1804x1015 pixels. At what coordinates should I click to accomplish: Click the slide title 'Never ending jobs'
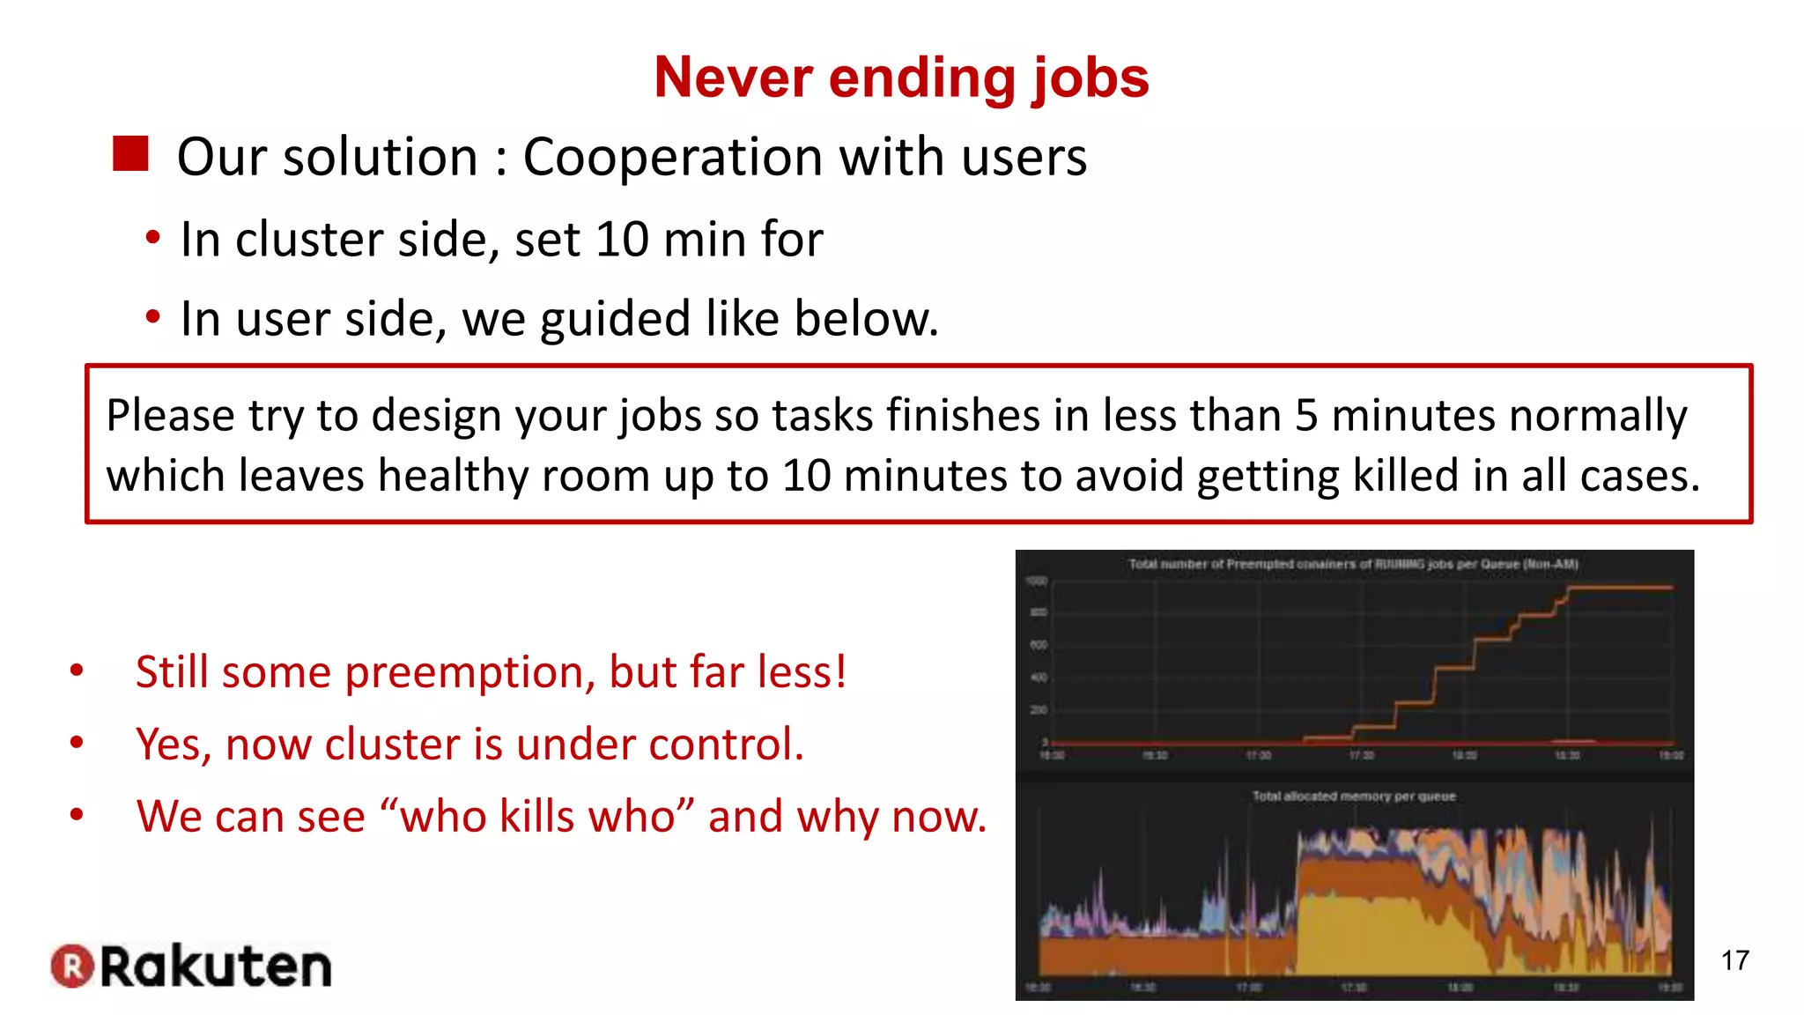click(x=901, y=78)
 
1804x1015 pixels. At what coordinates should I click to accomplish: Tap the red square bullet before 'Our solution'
click(x=130, y=154)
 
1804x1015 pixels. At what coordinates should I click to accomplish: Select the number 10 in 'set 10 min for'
click(x=622, y=240)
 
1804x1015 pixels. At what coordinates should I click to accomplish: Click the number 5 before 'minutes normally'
click(x=1306, y=416)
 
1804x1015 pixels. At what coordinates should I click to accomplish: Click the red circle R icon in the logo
click(x=72, y=966)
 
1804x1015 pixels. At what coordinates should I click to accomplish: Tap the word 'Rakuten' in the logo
click(x=217, y=967)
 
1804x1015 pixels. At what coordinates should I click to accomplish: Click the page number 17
click(x=1734, y=960)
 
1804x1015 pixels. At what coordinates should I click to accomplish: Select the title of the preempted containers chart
click(x=1353, y=564)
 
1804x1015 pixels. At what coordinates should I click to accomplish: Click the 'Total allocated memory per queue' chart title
click(x=1354, y=796)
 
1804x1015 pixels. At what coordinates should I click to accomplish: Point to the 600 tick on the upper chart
click(x=1039, y=645)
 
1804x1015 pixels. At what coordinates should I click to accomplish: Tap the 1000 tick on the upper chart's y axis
click(x=1037, y=581)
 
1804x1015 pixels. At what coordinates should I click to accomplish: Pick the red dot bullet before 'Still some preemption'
click(x=78, y=671)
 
